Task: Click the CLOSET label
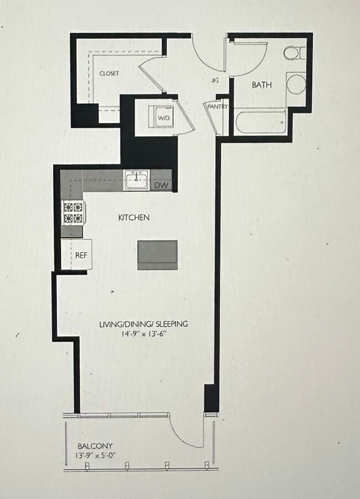[109, 74]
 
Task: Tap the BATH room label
[261, 85]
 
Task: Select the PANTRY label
[217, 107]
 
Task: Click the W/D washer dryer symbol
[164, 118]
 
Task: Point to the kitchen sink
[136, 181]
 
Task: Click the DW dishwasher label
[161, 185]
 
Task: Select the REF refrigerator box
[81, 255]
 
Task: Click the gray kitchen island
[157, 254]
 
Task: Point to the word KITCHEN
[133, 218]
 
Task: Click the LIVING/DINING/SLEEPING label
[143, 324]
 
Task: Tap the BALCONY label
[95, 446]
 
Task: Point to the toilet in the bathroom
[293, 53]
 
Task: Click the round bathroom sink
[295, 83]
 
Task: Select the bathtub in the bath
[261, 121]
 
